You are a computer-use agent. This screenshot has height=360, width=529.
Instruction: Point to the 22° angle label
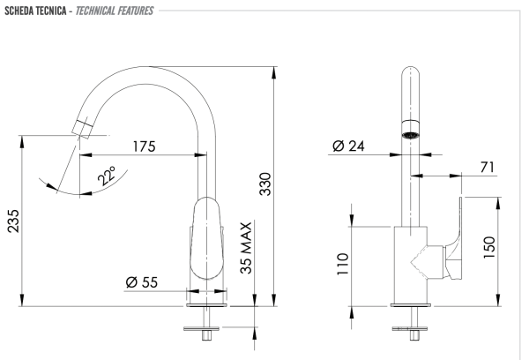[108, 177]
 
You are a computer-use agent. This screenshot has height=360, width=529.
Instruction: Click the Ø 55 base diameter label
[141, 282]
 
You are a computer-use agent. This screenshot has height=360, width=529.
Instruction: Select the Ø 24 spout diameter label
[350, 146]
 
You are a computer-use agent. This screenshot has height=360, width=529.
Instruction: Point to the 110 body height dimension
[343, 263]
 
